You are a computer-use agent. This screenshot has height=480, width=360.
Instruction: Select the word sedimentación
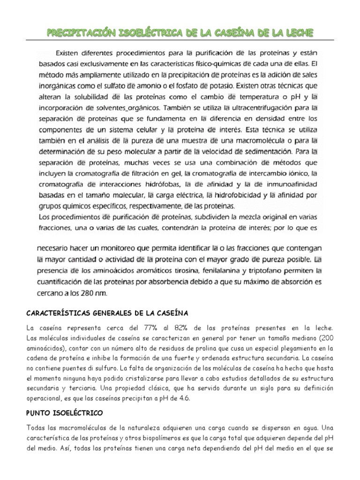pos(262,151)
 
